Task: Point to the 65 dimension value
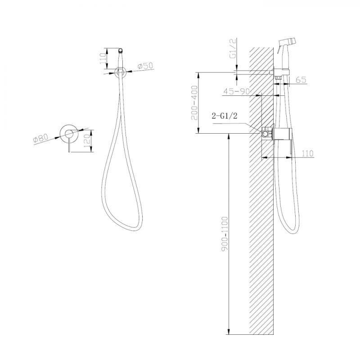click(x=301, y=80)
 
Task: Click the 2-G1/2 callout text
click(x=224, y=116)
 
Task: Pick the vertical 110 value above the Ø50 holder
click(x=103, y=58)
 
